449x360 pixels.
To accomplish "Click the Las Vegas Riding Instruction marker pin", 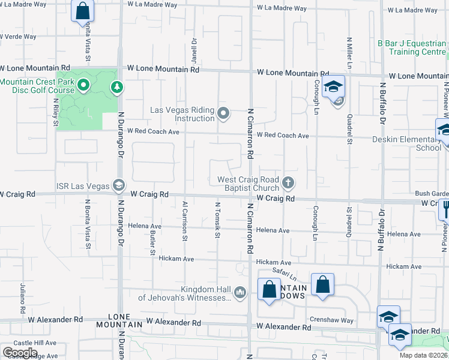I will click(x=224, y=113).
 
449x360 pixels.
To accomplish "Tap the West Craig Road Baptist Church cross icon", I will click(x=288, y=182).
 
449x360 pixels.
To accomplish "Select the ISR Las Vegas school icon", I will click(x=119, y=185).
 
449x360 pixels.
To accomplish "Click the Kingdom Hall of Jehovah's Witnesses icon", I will click(x=240, y=292).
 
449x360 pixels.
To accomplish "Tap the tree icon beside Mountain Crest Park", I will click(x=115, y=88).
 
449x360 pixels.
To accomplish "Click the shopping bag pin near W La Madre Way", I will click(x=82, y=11).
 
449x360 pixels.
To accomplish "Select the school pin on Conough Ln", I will click(x=333, y=88).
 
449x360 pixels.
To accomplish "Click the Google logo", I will click(x=20, y=352).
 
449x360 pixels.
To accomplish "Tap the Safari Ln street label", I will click(x=285, y=274).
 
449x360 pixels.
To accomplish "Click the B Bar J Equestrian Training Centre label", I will click(x=412, y=47).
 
